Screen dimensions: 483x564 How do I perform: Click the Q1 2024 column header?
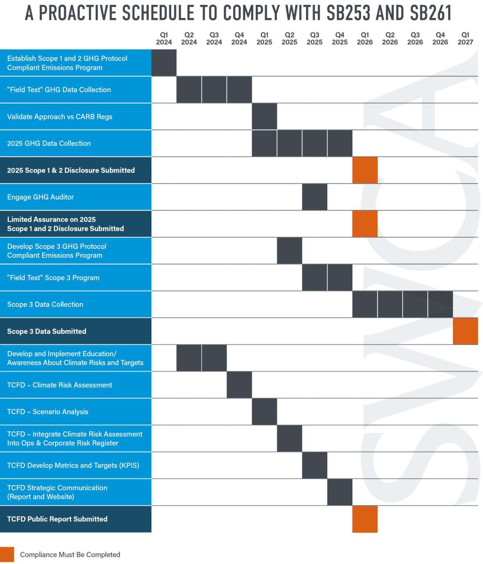(164, 39)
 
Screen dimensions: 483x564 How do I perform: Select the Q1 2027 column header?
(465, 39)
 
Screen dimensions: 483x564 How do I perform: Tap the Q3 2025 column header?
(314, 39)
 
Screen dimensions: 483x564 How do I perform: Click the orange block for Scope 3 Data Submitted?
(465, 331)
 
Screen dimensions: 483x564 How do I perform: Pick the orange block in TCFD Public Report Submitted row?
(365, 519)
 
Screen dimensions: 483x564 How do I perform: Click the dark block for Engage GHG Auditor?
(314, 197)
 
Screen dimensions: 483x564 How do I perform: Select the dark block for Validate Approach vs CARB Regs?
(264, 116)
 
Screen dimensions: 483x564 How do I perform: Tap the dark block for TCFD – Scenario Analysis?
(264, 411)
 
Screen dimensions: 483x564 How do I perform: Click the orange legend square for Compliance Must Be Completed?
(7, 554)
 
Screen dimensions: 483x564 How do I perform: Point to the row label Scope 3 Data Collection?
(45, 304)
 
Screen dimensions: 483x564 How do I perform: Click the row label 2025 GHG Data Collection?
(49, 143)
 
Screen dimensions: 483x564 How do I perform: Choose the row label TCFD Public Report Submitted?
(57, 519)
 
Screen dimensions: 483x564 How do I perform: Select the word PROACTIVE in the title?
(78, 13)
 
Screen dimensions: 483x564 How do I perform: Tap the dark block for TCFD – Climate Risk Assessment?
(239, 385)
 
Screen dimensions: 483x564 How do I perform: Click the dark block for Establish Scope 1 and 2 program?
(164, 63)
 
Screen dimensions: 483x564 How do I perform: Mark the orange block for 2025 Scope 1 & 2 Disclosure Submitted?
(365, 170)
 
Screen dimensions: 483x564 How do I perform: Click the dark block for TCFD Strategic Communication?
(340, 492)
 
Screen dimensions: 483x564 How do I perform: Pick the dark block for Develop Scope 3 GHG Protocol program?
(289, 251)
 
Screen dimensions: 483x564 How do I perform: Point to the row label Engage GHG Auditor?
(40, 197)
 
